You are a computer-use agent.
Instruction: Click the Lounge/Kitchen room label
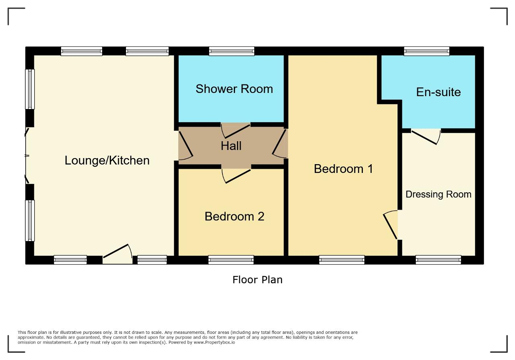click(x=107, y=160)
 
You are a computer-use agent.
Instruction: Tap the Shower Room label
click(x=234, y=89)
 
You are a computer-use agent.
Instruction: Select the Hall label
click(x=231, y=146)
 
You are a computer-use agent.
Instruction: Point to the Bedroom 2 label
click(x=235, y=216)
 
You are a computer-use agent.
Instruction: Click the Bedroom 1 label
click(x=343, y=169)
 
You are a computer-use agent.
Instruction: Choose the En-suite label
click(x=439, y=92)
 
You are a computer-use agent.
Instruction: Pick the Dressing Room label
click(x=439, y=195)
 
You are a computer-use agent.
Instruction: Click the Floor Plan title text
click(x=257, y=280)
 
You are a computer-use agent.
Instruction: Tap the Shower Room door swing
click(x=236, y=131)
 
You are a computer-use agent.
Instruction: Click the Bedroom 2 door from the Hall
click(x=236, y=176)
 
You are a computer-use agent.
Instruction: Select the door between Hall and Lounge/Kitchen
click(x=185, y=146)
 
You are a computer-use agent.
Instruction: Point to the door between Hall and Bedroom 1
click(x=279, y=144)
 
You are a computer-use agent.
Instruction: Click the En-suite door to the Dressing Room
click(x=426, y=137)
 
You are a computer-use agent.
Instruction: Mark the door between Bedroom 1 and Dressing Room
click(x=390, y=224)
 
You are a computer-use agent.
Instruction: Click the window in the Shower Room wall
click(x=231, y=51)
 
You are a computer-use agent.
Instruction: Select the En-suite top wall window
click(x=426, y=51)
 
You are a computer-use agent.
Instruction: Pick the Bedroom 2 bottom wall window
click(x=231, y=260)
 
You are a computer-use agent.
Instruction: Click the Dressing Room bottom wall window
click(x=439, y=260)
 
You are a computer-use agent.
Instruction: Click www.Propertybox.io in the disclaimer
click(x=214, y=342)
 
